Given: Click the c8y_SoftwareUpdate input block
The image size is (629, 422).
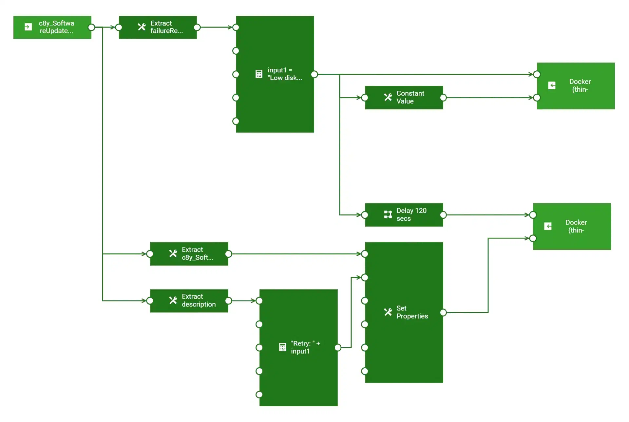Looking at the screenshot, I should coord(52,27).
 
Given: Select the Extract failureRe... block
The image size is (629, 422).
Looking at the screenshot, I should coord(158,27).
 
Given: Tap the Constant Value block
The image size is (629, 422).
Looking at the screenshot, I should coord(404,98).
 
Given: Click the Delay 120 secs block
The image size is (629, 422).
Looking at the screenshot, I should coord(404,215).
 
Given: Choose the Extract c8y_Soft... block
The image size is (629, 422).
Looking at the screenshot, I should coord(189,254).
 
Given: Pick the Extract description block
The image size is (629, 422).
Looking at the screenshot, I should coord(189,301).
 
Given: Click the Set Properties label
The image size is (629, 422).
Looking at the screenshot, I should coord(412,312).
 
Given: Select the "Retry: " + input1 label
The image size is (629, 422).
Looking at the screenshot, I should coord(305,347).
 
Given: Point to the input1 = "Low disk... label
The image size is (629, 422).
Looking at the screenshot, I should coord(284,74).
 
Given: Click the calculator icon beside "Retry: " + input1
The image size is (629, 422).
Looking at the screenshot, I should coord(282,347).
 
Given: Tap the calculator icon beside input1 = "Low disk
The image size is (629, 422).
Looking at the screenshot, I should coord(259,74).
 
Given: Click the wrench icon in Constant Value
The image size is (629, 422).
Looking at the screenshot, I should coord(388,97).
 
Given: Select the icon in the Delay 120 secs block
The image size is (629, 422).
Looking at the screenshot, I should coord(388,214).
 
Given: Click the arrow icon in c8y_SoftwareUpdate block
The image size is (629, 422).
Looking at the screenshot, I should coord(29,27).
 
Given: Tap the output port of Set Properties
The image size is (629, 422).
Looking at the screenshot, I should coord(443,313).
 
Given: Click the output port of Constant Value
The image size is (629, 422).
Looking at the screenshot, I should coord(443,98).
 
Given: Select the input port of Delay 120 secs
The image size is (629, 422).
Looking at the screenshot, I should coord(365,215).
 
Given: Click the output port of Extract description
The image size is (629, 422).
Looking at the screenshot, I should coord(229,301).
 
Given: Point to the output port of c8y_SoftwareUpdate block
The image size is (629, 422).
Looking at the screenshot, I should coord(92,27).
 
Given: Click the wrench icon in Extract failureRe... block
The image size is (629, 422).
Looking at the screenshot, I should coord(142,27).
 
